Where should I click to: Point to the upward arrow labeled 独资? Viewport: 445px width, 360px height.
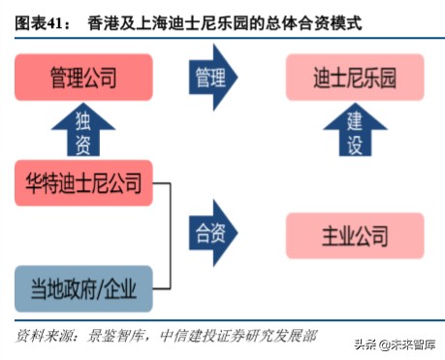82,130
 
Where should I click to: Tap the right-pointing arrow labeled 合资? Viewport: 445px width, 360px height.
215,236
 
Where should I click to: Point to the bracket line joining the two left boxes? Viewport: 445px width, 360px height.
174,236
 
